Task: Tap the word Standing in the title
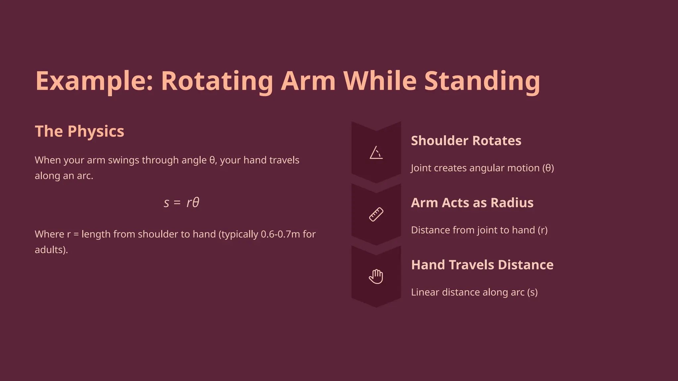(x=482, y=81)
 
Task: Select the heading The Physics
(x=79, y=131)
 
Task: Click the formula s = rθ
(x=181, y=202)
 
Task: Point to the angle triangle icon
(x=376, y=153)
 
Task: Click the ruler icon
(x=376, y=215)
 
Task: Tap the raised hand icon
(x=376, y=276)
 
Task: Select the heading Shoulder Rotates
(x=466, y=141)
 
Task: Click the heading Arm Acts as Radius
(x=472, y=203)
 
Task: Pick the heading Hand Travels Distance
(x=482, y=265)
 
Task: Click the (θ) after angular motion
(x=548, y=168)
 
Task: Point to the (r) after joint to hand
(x=542, y=230)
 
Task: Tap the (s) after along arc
(x=532, y=292)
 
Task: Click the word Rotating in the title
(x=217, y=81)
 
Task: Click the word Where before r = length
(x=49, y=234)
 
